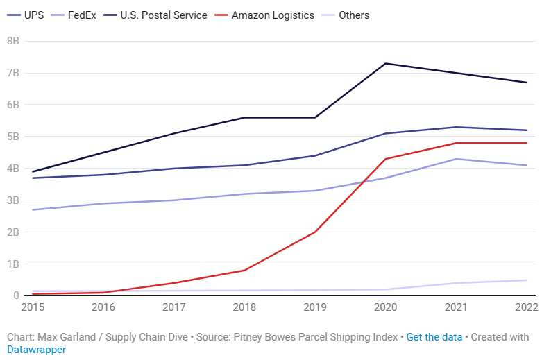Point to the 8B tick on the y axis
click(x=12, y=41)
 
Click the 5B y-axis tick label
click(x=12, y=137)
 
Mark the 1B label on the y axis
click(x=12, y=264)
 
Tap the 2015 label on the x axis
click(x=33, y=305)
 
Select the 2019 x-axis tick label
click(x=315, y=305)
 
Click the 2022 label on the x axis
click(x=526, y=305)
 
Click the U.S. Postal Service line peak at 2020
click(x=386, y=64)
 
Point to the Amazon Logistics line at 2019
click(x=316, y=232)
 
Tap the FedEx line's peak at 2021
click(x=456, y=159)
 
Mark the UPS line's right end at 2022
click(x=527, y=130)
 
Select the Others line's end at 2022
click(x=527, y=280)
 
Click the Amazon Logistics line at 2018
click(x=245, y=270)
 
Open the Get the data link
click(x=434, y=337)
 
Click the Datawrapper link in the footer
click(x=36, y=350)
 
